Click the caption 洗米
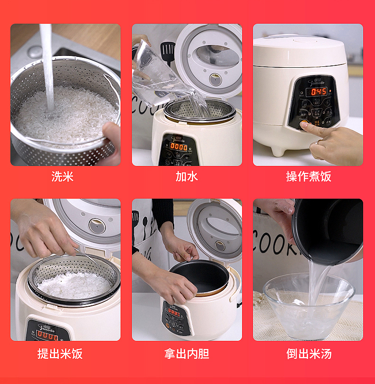pos(63,177)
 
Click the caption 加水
pos(187,177)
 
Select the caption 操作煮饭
pos(309,177)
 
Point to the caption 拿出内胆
pos(187,354)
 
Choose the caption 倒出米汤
pos(309,354)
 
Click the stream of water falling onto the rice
pos(47,66)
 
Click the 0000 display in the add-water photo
pos(178,147)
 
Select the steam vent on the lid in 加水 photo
pos(216,78)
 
